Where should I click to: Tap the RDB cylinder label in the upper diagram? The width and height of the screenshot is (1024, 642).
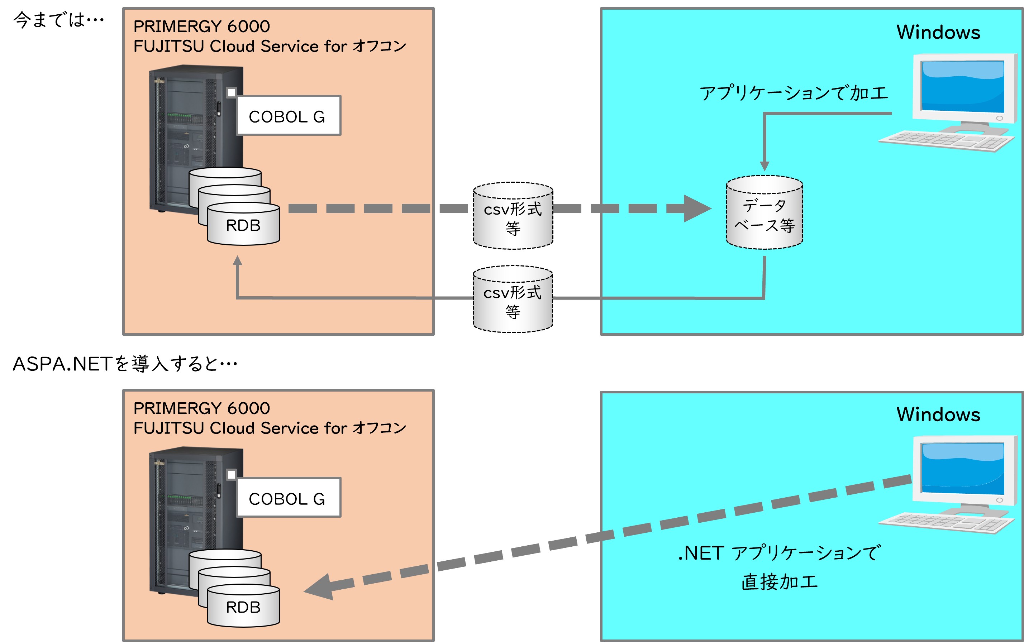coord(243,225)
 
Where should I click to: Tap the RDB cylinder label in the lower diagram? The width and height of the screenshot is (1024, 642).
coord(243,608)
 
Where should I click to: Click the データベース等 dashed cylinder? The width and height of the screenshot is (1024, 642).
coord(765,215)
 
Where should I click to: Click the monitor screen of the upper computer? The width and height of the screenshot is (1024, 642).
coord(962,87)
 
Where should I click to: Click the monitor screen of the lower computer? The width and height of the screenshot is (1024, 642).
coord(962,469)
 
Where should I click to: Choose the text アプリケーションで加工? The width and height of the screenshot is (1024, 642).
coord(794,92)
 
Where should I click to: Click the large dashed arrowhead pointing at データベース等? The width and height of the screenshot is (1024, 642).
coord(696,209)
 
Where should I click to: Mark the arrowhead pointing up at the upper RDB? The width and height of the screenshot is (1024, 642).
coord(237,261)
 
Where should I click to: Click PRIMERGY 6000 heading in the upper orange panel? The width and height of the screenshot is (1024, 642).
coord(202,26)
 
